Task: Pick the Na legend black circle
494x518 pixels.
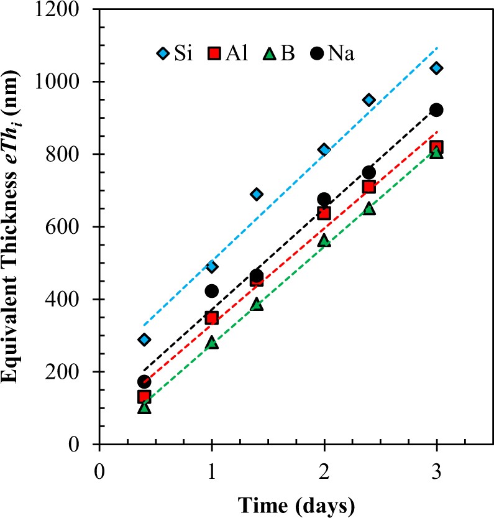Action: [318, 54]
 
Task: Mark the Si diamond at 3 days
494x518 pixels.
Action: [436, 68]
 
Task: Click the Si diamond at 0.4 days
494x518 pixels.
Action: [144, 340]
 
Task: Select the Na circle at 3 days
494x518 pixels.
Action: [436, 109]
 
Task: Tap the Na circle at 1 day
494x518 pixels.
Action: [212, 291]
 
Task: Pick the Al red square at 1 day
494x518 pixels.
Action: [212, 318]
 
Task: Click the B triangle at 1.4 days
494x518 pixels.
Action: [257, 304]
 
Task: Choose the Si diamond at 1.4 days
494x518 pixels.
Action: [257, 194]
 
